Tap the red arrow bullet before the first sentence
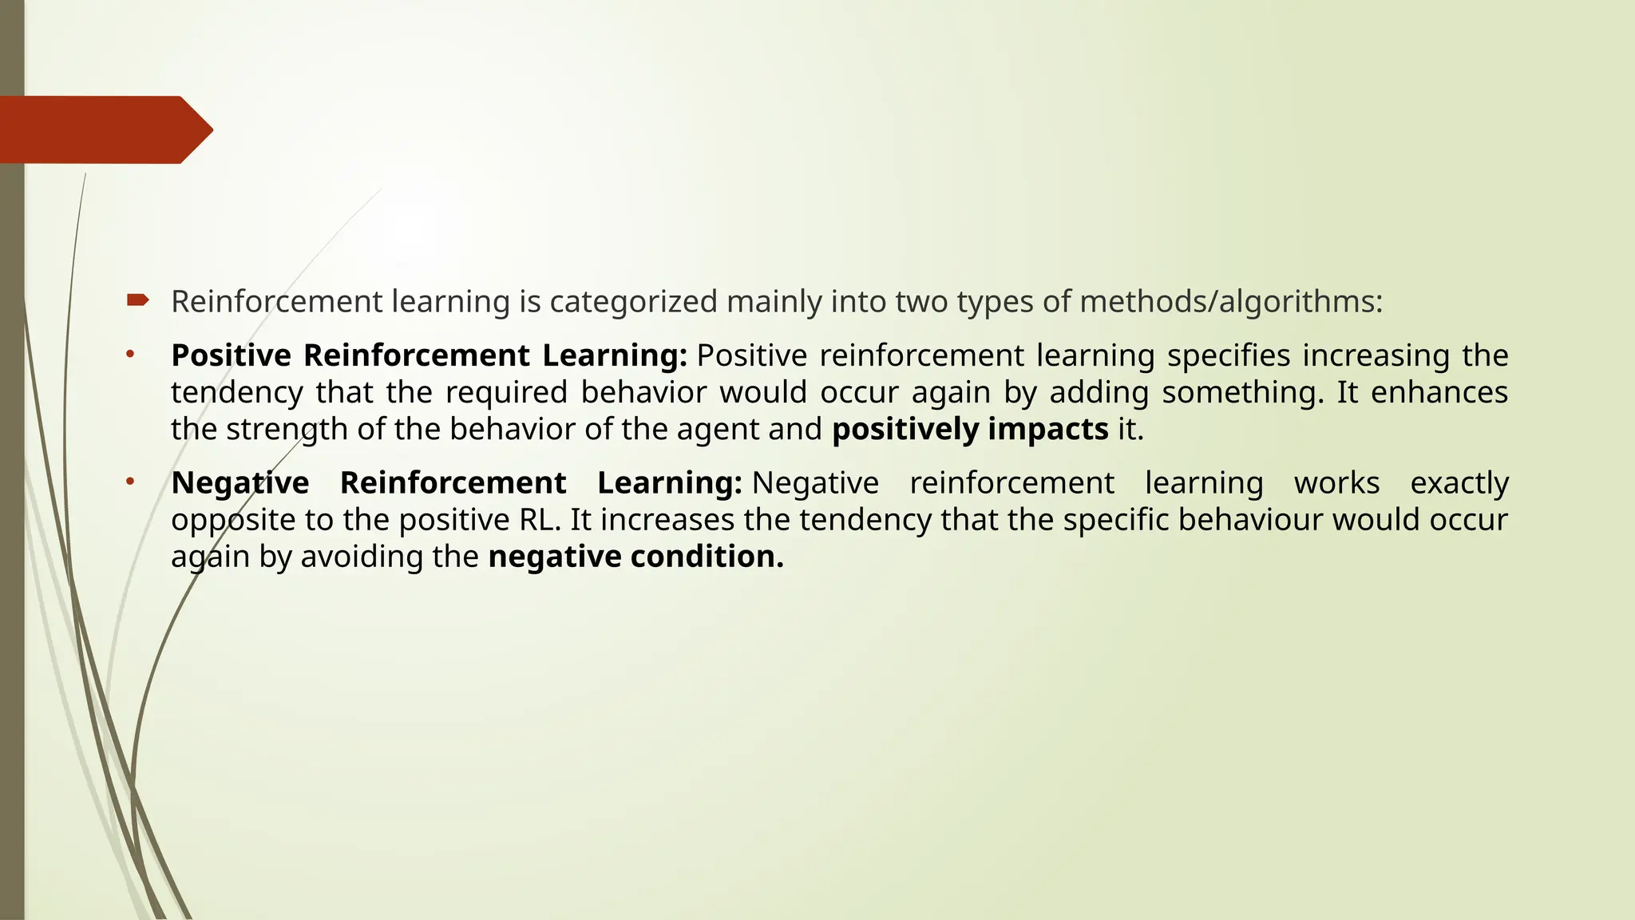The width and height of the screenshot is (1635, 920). coord(137,300)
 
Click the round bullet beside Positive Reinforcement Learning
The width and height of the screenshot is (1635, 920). coord(130,354)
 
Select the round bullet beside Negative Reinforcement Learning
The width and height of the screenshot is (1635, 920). coord(130,482)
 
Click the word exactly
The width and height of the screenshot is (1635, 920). coord(1459,483)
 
